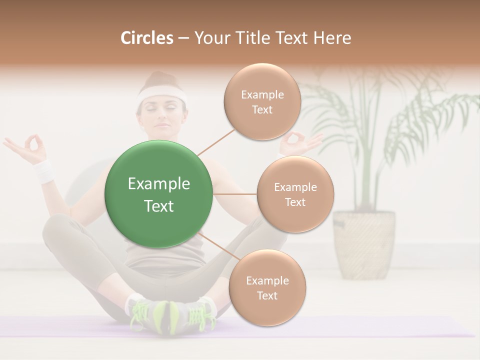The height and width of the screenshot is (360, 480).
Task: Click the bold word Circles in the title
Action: point(146,38)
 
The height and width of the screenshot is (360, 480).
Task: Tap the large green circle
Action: point(159,194)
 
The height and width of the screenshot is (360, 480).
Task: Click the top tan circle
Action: point(262,102)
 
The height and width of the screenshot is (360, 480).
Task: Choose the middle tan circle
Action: point(295,194)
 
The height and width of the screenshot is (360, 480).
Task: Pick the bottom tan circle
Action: point(267,288)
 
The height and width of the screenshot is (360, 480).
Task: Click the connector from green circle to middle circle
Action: point(235,194)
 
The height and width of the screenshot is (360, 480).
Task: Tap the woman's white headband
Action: point(161,93)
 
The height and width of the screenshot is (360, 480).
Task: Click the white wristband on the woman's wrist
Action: point(44,171)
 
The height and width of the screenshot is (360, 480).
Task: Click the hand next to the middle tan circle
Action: point(300,142)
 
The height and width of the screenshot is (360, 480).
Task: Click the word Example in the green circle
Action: point(159,184)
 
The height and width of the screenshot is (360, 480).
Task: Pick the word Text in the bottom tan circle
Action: point(267,295)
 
